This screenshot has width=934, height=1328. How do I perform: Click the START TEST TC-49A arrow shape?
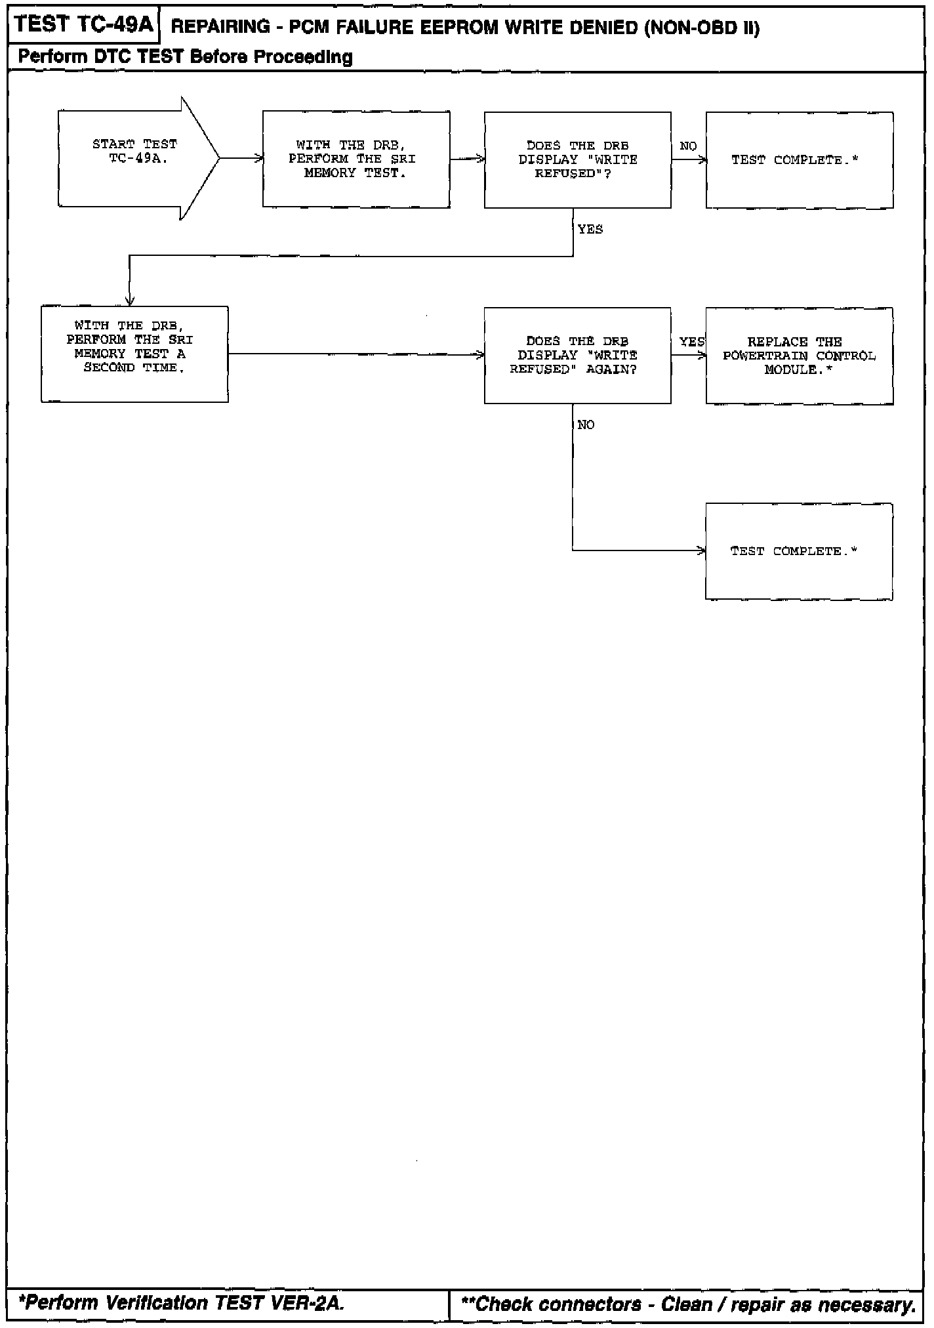(134, 158)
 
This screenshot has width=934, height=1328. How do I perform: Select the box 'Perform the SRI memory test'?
(356, 159)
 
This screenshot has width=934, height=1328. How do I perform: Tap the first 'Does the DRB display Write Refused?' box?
(577, 160)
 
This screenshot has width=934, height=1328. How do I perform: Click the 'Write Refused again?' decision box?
(577, 355)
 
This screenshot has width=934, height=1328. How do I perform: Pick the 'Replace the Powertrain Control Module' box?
(799, 356)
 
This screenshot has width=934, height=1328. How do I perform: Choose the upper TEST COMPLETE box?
(799, 160)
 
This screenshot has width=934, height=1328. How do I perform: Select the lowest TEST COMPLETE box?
(799, 551)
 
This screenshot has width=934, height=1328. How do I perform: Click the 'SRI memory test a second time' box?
(134, 354)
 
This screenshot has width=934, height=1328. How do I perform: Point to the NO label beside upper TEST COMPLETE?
(688, 146)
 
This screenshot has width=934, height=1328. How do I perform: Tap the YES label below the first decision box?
(590, 230)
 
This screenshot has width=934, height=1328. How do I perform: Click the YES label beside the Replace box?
(691, 342)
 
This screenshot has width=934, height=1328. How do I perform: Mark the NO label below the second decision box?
(586, 425)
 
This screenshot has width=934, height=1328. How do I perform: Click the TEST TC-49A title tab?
(83, 26)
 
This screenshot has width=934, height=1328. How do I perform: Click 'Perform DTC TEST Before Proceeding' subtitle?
(185, 57)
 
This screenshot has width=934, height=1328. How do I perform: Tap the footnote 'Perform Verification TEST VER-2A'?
(182, 1302)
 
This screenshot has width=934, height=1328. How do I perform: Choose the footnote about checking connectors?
(688, 1304)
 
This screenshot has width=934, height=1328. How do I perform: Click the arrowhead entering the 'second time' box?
(130, 302)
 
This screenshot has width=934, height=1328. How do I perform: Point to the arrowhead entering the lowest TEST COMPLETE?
(702, 550)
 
